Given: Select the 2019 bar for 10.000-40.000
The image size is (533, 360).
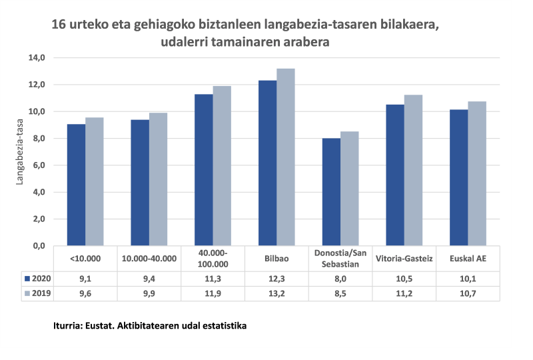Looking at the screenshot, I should coord(159,179).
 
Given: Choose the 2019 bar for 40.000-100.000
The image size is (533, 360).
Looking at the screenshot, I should coord(222,166).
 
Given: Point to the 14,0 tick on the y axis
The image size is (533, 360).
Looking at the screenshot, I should coord(37,58).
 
